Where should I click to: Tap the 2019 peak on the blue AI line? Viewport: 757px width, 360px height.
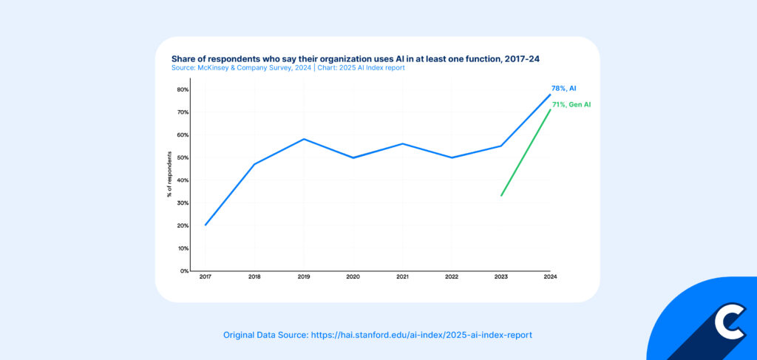pyautogui.click(x=304, y=139)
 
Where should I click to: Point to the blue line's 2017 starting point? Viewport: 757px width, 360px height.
pyautogui.click(x=205, y=225)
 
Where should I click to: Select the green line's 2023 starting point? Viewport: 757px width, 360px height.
pyautogui.click(x=501, y=195)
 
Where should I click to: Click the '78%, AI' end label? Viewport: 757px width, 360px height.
pyautogui.click(x=564, y=88)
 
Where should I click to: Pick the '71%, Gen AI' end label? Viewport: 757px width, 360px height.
pyautogui.click(x=571, y=105)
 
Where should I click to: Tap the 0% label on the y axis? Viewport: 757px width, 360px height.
pyautogui.click(x=184, y=271)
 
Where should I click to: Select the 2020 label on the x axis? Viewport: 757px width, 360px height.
pyautogui.click(x=353, y=277)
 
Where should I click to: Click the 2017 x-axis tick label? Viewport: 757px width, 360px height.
pyautogui.click(x=205, y=277)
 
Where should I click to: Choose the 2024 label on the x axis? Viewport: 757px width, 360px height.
pyautogui.click(x=550, y=277)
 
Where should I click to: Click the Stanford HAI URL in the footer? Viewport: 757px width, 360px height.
pyautogui.click(x=421, y=335)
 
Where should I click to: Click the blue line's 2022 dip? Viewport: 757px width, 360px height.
pyautogui.click(x=452, y=157)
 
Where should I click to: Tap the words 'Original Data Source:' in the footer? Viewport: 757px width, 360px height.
pyautogui.click(x=265, y=335)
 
